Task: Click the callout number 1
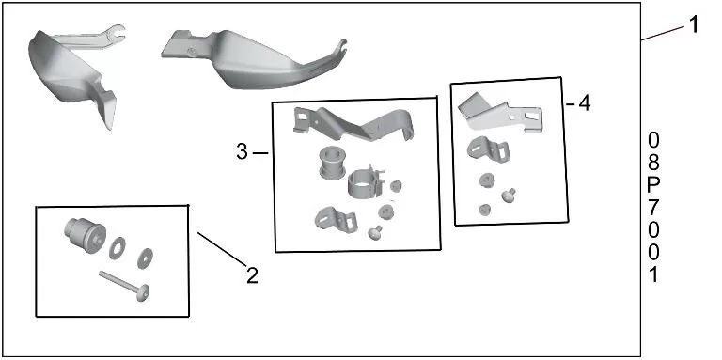[694, 24]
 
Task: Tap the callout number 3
[243, 151]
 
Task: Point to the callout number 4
[584, 103]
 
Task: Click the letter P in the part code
[654, 184]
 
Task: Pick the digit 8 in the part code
[654, 162]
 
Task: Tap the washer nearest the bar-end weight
[118, 247]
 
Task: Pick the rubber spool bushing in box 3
[331, 161]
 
